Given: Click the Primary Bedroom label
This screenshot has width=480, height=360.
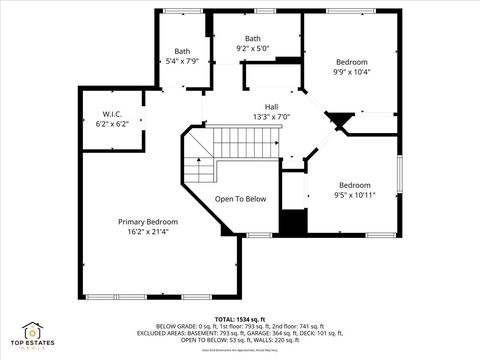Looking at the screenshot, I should point(148,221).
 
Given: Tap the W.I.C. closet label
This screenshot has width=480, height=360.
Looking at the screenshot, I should point(112,113).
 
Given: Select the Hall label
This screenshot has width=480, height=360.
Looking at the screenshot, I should point(271,106).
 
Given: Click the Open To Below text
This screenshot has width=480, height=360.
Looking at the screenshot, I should point(241,199).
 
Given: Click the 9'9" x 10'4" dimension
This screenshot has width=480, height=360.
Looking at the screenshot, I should point(351,71).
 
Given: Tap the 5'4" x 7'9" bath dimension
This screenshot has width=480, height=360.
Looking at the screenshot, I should point(182,61).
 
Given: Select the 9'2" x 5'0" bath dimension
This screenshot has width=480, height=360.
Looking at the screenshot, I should point(253,48).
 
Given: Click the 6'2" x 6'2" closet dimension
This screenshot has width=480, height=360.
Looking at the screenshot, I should point(112,123).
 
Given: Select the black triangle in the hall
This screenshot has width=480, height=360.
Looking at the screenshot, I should point(341,121).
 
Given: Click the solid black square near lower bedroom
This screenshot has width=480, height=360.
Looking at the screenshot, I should point(292,223).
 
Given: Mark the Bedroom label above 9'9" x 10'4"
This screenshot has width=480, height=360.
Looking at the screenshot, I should point(351,61).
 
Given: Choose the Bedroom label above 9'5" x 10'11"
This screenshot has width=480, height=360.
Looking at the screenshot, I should point(354,184).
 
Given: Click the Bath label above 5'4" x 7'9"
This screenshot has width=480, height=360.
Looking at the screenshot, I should point(182,51).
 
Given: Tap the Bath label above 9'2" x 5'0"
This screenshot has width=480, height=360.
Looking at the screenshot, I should point(253,38).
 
